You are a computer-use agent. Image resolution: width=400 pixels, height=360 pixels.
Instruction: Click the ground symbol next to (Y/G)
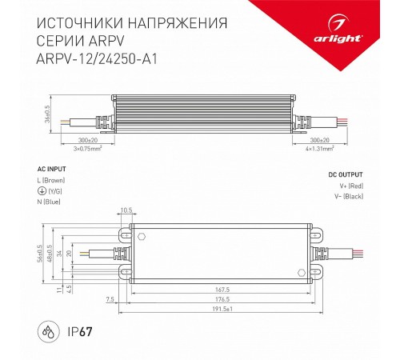point(42,192)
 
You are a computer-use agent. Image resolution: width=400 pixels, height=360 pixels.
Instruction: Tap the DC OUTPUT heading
point(344,174)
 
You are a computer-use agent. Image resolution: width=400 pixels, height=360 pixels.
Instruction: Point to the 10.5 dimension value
point(125,211)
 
